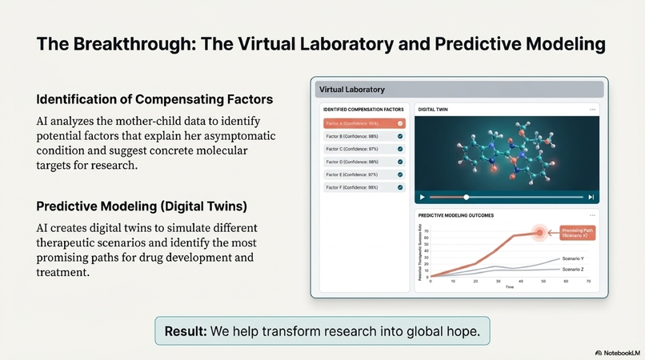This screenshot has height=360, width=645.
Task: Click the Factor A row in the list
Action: point(364,124)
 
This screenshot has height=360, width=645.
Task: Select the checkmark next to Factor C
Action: point(400,149)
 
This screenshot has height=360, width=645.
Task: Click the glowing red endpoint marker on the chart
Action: point(539,233)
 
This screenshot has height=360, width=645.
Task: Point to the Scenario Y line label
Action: point(572,258)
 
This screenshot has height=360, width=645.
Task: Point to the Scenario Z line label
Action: point(572,270)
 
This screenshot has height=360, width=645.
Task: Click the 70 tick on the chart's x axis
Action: point(588,282)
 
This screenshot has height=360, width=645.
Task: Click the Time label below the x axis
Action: point(509,287)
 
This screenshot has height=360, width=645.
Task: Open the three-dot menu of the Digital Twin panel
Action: point(592,109)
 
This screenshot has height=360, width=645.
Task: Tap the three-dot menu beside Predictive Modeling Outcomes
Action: point(592,216)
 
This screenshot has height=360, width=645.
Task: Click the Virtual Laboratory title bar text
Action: point(352,90)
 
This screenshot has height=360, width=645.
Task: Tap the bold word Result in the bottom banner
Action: point(185,331)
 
